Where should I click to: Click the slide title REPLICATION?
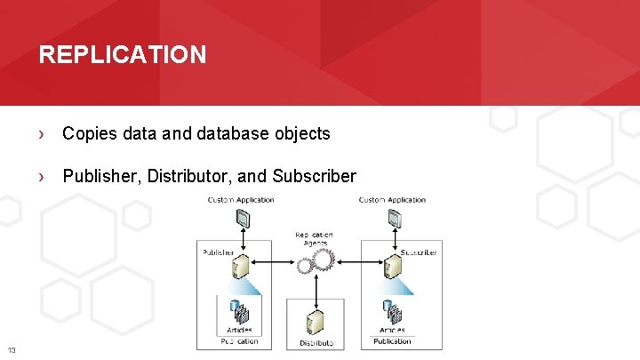[x=123, y=55]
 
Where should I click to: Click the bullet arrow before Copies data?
[x=41, y=134]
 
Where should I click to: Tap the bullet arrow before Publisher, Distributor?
[x=41, y=176]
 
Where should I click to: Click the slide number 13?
[x=11, y=348]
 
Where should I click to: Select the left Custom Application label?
[x=241, y=200]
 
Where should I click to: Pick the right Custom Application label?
[x=392, y=200]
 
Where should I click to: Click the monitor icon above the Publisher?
[x=242, y=219]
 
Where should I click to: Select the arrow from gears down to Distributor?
[x=316, y=288]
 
